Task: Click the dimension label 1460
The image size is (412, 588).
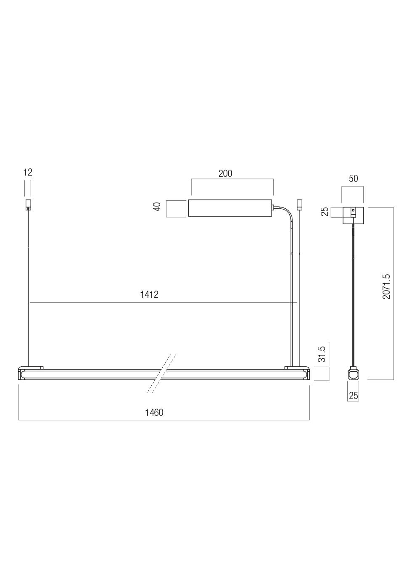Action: click(x=154, y=412)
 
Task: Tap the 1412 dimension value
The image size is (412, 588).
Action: click(x=149, y=294)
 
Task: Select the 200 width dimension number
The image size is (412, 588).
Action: click(x=225, y=173)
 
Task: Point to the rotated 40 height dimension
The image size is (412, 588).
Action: click(x=157, y=207)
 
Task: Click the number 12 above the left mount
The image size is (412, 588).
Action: click(x=28, y=173)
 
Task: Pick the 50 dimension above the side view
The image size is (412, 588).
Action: click(x=354, y=178)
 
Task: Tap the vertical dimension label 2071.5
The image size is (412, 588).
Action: click(x=386, y=286)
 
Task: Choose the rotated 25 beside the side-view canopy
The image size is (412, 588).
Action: click(x=325, y=211)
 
